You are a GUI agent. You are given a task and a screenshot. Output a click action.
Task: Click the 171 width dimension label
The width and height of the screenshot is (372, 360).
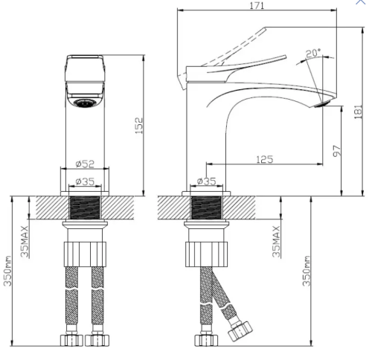tap(257, 5)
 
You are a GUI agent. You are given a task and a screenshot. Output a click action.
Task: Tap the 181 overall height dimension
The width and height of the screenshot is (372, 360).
tap(358, 112)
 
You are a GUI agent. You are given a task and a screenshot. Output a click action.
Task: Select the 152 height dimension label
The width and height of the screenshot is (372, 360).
tap(139, 126)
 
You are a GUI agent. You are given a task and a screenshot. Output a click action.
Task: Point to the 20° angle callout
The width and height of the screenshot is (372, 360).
tap(313, 54)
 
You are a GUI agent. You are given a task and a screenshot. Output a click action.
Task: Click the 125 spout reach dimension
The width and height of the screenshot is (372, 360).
tap(264, 159)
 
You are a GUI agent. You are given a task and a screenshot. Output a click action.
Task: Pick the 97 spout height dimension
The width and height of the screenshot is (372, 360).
tap(336, 151)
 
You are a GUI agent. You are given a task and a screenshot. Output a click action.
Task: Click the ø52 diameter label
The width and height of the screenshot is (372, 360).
tap(85, 164)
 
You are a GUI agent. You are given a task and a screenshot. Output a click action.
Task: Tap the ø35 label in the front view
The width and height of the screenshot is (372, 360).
tap(85, 181)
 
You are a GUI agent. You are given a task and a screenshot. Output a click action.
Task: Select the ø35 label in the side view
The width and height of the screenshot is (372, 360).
tap(206, 181)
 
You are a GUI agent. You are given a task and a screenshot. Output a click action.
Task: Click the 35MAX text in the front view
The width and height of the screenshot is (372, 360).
tap(25, 242)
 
